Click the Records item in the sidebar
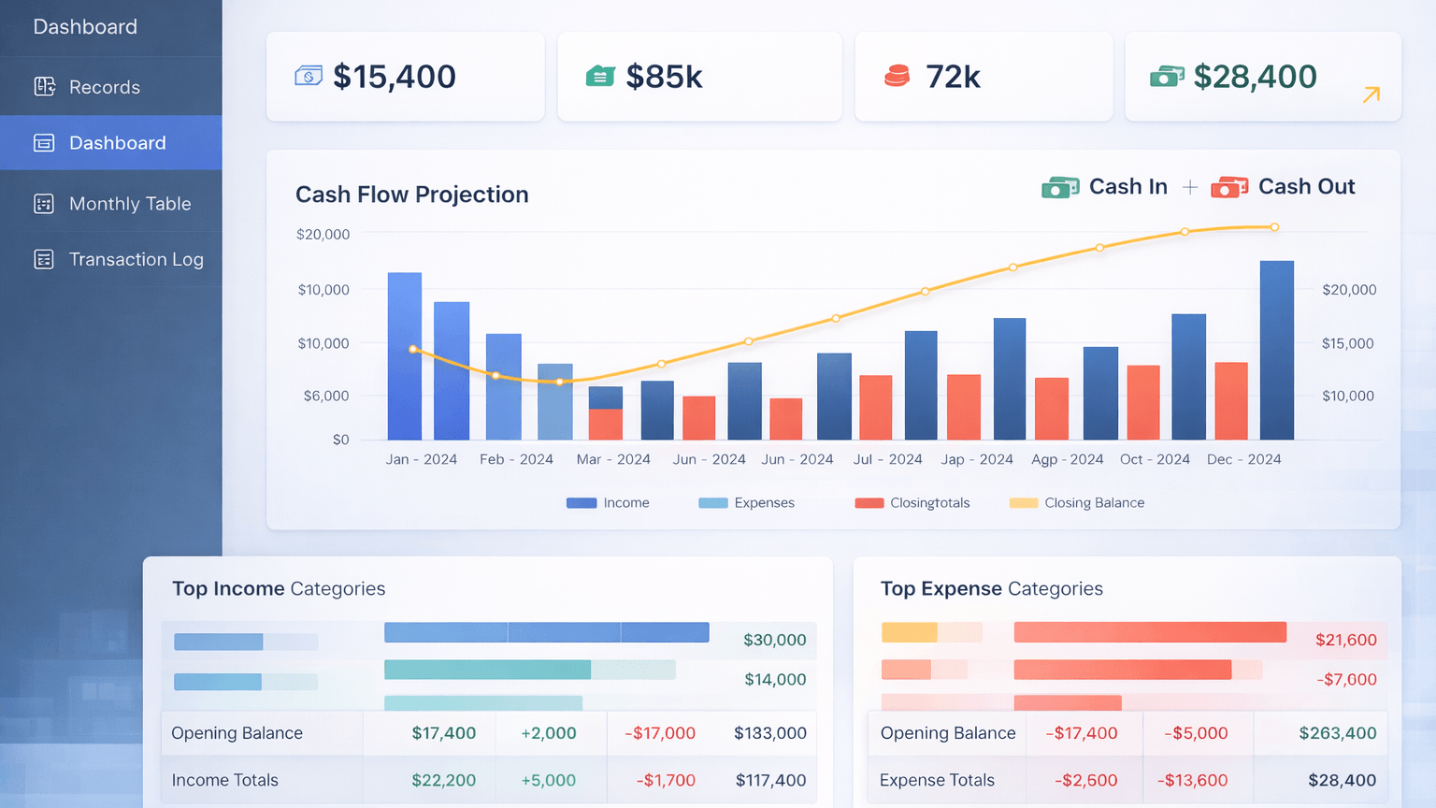104,87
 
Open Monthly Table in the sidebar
129,204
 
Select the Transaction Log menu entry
136,259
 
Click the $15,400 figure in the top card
394,77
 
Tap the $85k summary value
664,77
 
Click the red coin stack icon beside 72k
897,76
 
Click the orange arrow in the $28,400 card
1371,94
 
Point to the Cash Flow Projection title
411,195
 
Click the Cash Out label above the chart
1305,187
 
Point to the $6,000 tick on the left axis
325,396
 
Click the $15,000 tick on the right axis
1347,343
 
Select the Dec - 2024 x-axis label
1243,459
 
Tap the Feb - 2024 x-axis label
516,459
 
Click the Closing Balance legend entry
1093,503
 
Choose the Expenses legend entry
763,503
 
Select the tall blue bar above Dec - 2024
1276,351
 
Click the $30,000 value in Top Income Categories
774,640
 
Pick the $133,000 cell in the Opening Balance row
769,733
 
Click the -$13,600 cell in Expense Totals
1192,780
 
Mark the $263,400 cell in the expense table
1337,733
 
